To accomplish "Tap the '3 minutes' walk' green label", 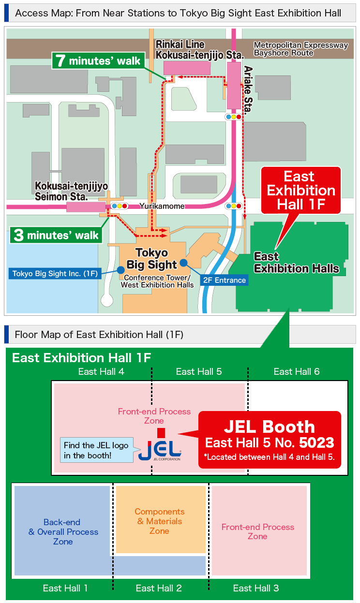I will [x=57, y=235].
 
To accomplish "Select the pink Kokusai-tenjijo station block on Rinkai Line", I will [x=187, y=68].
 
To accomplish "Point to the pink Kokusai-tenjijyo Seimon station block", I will [x=85, y=207].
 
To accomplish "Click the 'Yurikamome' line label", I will [x=162, y=206].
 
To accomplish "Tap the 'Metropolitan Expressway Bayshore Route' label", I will [x=300, y=49].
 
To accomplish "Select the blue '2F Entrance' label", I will [x=224, y=280].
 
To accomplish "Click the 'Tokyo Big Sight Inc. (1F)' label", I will [x=55, y=274].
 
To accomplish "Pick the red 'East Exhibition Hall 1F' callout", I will [x=301, y=190].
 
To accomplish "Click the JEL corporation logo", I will [x=160, y=449].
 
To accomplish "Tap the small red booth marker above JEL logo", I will [x=161, y=432].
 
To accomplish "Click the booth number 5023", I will [x=316, y=442].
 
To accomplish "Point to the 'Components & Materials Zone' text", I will [x=159, y=521].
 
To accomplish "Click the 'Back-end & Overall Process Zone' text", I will [x=63, y=532].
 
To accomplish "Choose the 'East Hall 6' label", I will [x=296, y=371].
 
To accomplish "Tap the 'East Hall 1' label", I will [x=65, y=588].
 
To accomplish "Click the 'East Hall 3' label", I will [x=256, y=588].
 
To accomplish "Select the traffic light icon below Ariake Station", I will [x=234, y=117].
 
